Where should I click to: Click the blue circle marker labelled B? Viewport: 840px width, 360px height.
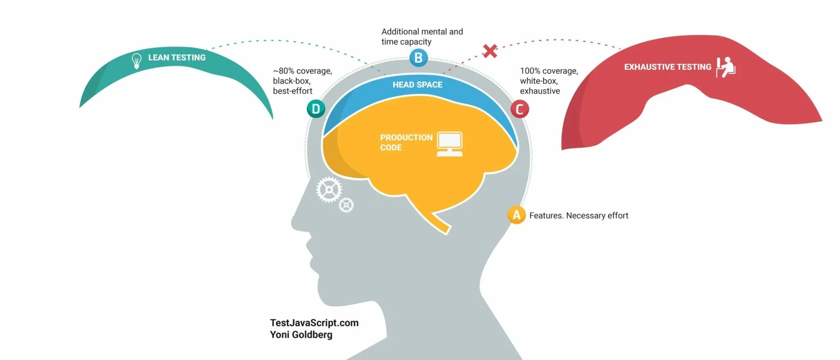pos(418,58)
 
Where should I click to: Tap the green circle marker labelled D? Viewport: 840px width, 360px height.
pos(316,109)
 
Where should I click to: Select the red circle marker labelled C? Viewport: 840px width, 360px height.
pos(519,109)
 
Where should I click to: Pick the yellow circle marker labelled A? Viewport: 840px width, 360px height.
pos(516,215)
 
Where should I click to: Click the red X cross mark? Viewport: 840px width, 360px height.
pos(490,51)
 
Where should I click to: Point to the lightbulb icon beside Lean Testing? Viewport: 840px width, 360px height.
pos(136,61)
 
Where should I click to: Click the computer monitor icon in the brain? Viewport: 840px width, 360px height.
pos(450,144)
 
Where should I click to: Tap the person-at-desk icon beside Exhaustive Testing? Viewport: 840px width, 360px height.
pos(726,67)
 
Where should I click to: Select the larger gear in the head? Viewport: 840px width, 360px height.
pos(329,190)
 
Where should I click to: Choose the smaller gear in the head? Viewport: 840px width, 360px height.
pos(346,205)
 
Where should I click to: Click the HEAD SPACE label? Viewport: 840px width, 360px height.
pos(417,85)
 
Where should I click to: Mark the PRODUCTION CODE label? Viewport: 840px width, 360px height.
pos(406,142)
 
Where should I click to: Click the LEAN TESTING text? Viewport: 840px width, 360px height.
pos(177,58)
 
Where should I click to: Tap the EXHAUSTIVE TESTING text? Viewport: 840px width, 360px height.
pos(667,67)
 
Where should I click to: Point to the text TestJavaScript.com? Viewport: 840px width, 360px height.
pos(314,323)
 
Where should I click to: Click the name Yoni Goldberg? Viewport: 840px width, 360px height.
pos(301,335)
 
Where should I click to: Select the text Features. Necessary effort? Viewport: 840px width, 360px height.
pos(578,216)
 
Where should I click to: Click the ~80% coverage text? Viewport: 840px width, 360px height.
pos(302,71)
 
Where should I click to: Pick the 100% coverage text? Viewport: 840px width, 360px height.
pos(549,71)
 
